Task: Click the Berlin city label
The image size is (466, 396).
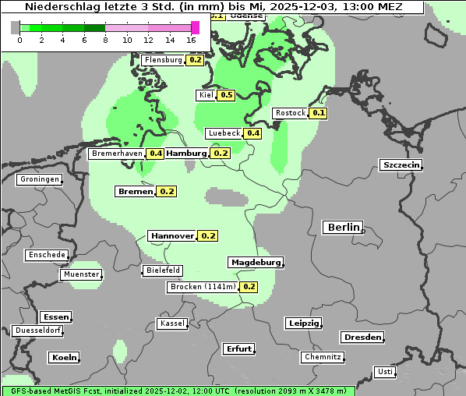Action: click(x=342, y=228)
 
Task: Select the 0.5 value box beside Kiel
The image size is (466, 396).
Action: click(x=226, y=95)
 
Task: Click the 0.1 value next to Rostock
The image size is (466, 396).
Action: click(x=318, y=113)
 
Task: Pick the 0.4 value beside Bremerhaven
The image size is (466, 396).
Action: click(x=156, y=154)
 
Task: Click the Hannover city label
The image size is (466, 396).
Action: click(x=172, y=235)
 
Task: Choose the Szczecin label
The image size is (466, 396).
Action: click(x=401, y=164)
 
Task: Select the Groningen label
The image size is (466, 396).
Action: click(x=40, y=179)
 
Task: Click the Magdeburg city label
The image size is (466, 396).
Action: click(x=255, y=263)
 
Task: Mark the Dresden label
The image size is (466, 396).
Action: click(x=362, y=338)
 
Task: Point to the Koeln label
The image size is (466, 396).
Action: click(x=64, y=358)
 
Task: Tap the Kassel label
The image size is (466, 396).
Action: click(x=172, y=324)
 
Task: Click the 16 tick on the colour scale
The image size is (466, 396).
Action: click(x=192, y=39)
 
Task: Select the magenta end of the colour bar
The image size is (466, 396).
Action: click(x=195, y=27)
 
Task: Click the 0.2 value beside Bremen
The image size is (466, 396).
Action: click(x=167, y=191)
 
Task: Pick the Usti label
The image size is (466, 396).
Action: click(x=385, y=372)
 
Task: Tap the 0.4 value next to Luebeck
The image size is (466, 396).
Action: click(x=253, y=133)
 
